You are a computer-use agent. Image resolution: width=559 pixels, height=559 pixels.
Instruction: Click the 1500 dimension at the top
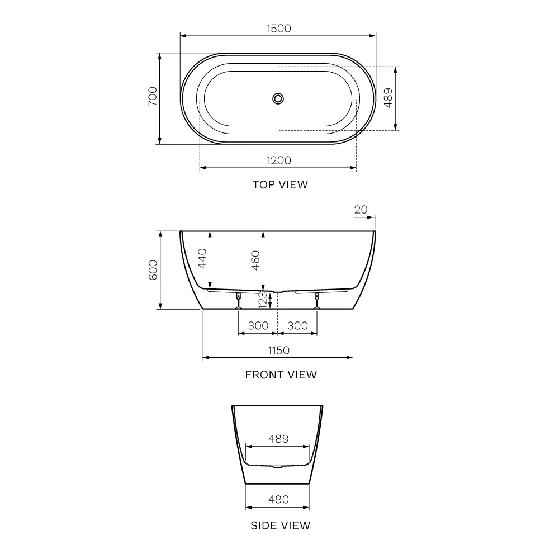pyautogui.click(x=278, y=29)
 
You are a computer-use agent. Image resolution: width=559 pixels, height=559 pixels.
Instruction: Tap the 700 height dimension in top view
pyautogui.click(x=153, y=96)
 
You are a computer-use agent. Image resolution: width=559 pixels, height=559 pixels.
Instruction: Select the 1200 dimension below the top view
pyautogui.click(x=278, y=160)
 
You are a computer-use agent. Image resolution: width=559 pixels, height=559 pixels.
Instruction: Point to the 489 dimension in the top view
pyautogui.click(x=388, y=98)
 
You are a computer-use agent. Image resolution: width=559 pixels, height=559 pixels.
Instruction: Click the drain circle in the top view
pyautogui.click(x=278, y=98)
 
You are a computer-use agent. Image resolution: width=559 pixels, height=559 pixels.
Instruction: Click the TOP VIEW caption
pyautogui.click(x=280, y=184)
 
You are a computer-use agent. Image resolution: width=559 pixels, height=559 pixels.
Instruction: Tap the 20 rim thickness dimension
pyautogui.click(x=361, y=210)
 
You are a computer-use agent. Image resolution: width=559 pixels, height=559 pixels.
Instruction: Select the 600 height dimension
pyautogui.click(x=153, y=270)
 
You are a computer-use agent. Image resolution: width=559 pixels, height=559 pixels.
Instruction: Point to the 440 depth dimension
pyautogui.click(x=202, y=258)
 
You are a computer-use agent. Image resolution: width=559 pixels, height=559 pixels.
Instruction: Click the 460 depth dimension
pyautogui.click(x=255, y=260)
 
